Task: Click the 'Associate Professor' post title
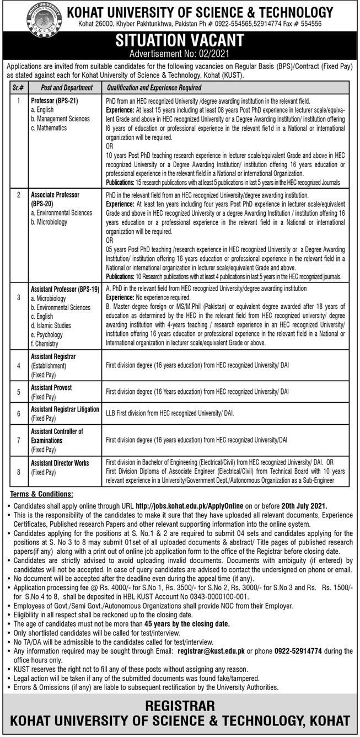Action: click(x=55, y=195)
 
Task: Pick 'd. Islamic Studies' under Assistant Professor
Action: click(x=54, y=325)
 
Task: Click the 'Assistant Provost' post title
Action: click(x=51, y=388)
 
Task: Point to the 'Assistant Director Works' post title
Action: click(x=60, y=463)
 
